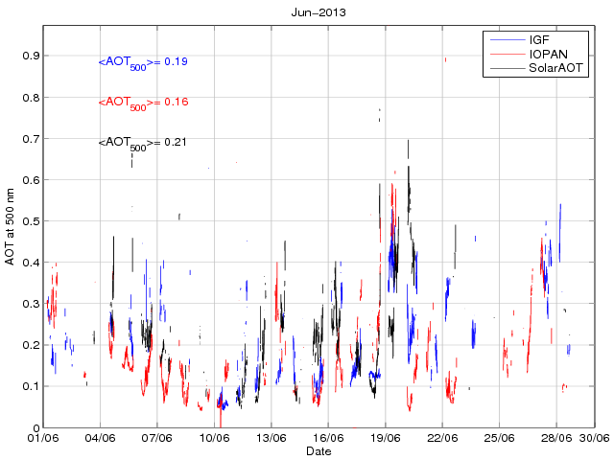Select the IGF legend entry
540,40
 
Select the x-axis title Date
319,450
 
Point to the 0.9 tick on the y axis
31,56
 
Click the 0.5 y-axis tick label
31,220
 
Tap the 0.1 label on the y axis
31,386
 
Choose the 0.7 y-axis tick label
31,138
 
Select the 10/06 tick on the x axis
214,438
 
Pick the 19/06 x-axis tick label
385,438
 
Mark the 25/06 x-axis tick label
499,438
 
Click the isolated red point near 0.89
445,59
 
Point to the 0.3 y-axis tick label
31,304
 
